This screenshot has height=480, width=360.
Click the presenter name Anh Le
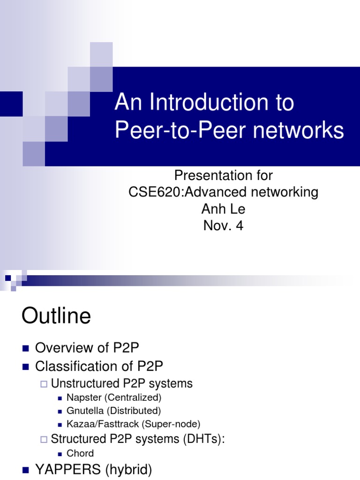click(x=223, y=209)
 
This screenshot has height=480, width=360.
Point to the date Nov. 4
click(x=223, y=226)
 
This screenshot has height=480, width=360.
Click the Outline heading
click(x=56, y=316)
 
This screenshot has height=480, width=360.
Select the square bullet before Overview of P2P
click(x=26, y=348)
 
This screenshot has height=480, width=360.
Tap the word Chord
click(x=80, y=453)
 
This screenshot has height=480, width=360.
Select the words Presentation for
click(x=223, y=175)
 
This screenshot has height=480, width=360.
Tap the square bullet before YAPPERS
click(x=26, y=470)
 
